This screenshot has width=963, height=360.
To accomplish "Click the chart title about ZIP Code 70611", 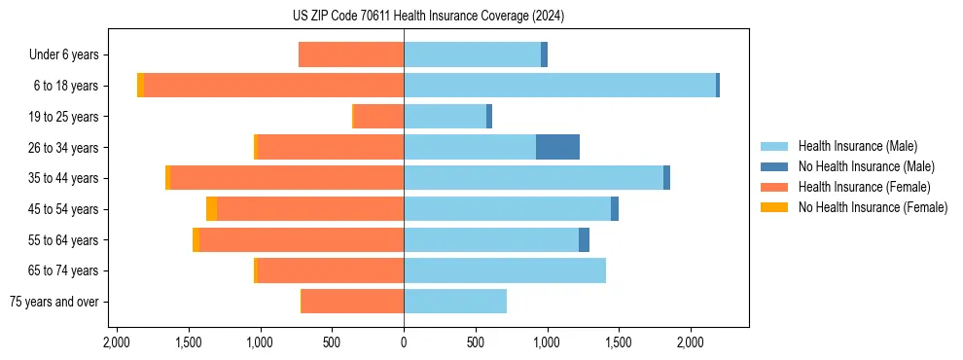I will point(428,17).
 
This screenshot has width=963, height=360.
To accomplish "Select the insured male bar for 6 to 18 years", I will point(559,86).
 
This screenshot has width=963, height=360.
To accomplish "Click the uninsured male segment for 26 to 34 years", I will point(557,147).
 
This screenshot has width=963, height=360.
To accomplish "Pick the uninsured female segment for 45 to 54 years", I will point(211,209).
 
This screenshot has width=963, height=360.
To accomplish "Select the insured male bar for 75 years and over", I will point(455,302).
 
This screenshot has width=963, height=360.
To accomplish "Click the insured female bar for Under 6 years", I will point(350,54).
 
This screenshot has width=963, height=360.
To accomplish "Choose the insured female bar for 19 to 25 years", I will point(378,117).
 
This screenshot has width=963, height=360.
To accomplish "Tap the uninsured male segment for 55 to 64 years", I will point(584,239).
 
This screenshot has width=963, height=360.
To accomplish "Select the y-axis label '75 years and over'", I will point(53,302).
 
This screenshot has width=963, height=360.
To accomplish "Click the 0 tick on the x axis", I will point(404,342).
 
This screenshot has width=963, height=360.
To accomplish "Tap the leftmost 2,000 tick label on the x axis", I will point(117,342).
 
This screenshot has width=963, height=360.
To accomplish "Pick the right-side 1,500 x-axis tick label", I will point(619,342).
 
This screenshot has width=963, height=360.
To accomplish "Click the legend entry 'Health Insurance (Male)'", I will point(857,146).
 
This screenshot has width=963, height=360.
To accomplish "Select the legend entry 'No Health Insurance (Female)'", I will point(873,207).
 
